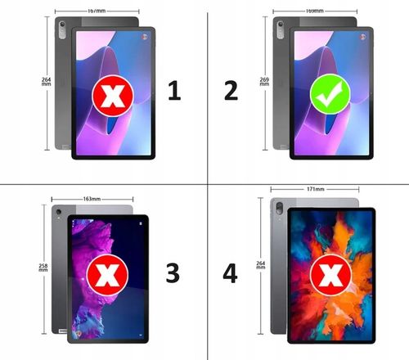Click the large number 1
pyautogui.click(x=173, y=91)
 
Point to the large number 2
pyautogui.click(x=231, y=91)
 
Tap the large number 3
pyautogui.click(x=173, y=273)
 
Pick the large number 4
pyautogui.click(x=231, y=273)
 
